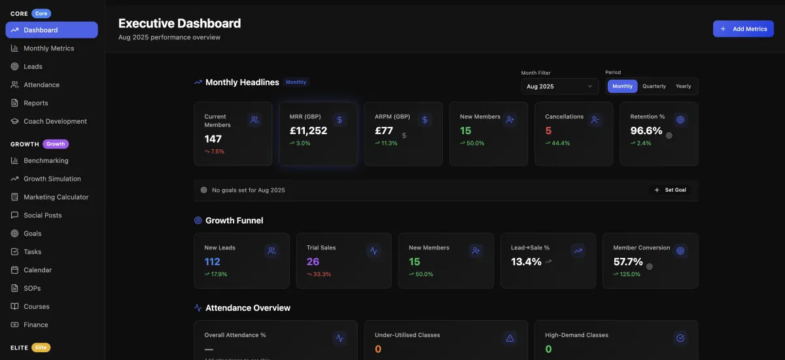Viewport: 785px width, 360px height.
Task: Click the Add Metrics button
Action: [743, 29]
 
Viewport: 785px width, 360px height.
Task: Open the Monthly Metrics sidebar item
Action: [48, 48]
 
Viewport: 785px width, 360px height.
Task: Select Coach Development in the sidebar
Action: [55, 121]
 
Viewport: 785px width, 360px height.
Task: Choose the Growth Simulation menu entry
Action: [52, 179]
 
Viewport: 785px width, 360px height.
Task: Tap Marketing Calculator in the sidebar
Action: [56, 197]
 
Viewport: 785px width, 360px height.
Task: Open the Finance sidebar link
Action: [35, 325]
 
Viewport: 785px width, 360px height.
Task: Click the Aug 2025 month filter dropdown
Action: [559, 86]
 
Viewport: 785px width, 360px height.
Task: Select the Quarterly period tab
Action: [654, 86]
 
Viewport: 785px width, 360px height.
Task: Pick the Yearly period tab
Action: [684, 86]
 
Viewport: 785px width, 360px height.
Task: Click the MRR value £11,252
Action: [308, 131]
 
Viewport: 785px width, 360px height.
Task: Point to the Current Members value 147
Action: [213, 139]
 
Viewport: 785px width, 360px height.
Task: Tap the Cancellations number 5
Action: [548, 131]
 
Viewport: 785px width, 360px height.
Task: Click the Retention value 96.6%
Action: [646, 131]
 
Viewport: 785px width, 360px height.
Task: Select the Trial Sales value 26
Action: [313, 262]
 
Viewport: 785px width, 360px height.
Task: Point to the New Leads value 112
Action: [212, 262]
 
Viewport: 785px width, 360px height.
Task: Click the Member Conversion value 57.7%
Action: [628, 262]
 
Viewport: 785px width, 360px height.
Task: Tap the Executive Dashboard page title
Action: [179, 24]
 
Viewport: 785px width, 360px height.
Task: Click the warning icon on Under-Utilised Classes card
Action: [510, 338]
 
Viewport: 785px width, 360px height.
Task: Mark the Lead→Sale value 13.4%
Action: [526, 262]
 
